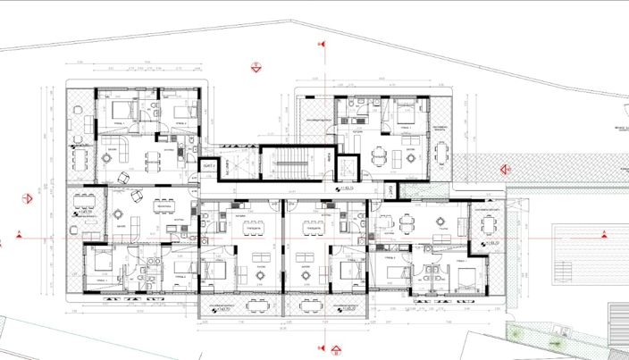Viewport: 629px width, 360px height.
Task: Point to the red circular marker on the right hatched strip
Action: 507,168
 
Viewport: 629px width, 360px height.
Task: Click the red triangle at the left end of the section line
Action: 20,238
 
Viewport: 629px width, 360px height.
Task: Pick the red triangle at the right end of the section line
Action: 604,235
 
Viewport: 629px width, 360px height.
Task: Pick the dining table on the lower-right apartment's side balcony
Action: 488,225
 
